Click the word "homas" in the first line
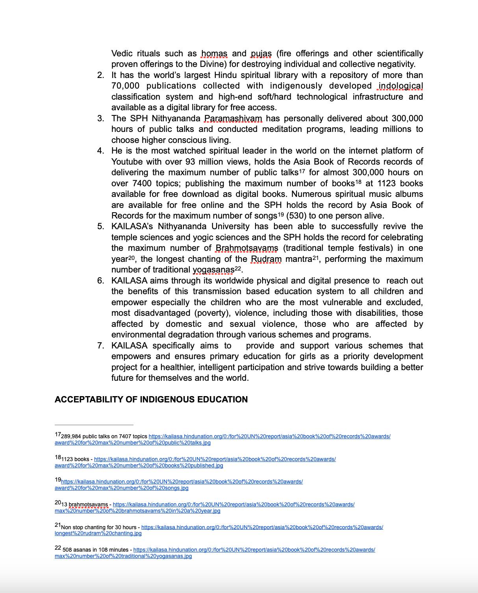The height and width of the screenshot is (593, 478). click(214, 54)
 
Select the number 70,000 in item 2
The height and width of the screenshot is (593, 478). click(125, 86)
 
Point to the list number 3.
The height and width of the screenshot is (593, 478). click(100, 119)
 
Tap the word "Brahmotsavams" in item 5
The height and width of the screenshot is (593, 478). click(246, 248)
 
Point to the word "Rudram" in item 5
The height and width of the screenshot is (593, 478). click(266, 259)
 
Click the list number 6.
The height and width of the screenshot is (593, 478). click(100, 281)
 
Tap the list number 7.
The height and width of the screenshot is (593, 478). click(100, 346)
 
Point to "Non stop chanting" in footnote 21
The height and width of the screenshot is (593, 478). click(83, 527)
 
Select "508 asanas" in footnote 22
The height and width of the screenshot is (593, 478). click(76, 550)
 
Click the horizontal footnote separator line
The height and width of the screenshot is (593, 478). click(94, 425)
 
